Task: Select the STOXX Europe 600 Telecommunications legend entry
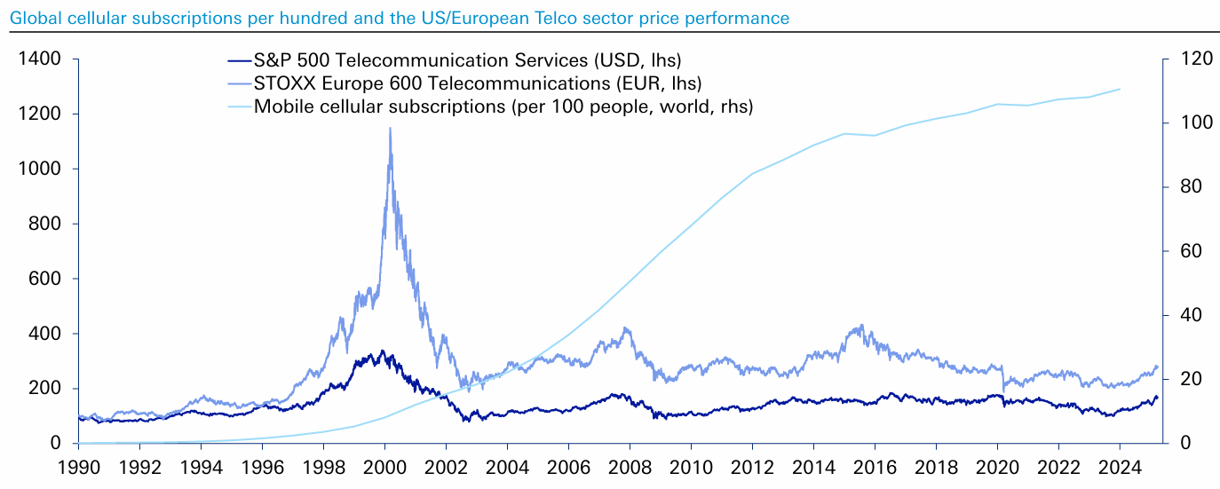click(478, 83)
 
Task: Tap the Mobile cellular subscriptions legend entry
click(503, 106)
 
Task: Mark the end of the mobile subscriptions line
click(1121, 89)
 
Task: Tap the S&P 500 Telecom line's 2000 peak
click(382, 351)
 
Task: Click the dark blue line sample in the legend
click(239, 60)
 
